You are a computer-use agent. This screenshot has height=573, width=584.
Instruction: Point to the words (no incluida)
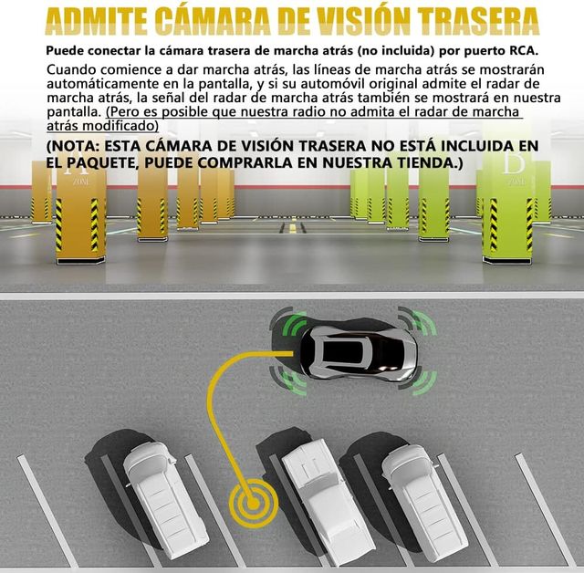tap(396, 50)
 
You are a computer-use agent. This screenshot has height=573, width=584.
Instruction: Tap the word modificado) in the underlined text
tap(120, 126)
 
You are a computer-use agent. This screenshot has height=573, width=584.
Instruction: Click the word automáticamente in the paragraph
tap(102, 83)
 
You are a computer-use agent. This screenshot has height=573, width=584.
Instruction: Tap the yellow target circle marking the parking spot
tap(254, 503)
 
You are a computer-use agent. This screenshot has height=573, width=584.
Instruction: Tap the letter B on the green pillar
tap(514, 163)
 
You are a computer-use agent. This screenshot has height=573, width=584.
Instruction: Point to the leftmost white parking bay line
tap(47, 510)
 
